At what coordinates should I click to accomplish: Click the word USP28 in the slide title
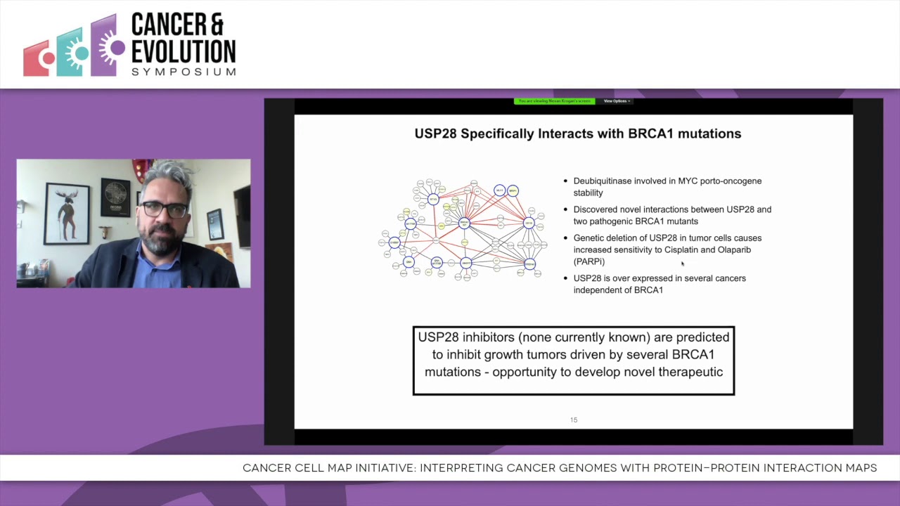435,134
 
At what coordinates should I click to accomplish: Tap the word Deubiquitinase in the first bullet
602,181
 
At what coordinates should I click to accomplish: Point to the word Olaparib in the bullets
733,249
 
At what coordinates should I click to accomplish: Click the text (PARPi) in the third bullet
589,261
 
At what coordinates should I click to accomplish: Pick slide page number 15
574,420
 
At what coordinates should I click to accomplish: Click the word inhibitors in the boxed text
488,337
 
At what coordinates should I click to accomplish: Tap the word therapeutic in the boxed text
690,372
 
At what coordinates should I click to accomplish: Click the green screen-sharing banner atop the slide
554,101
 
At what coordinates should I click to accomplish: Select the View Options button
617,101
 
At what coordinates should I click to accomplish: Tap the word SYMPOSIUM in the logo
183,72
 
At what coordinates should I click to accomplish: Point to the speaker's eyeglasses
164,209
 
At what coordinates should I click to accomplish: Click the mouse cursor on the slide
682,264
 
